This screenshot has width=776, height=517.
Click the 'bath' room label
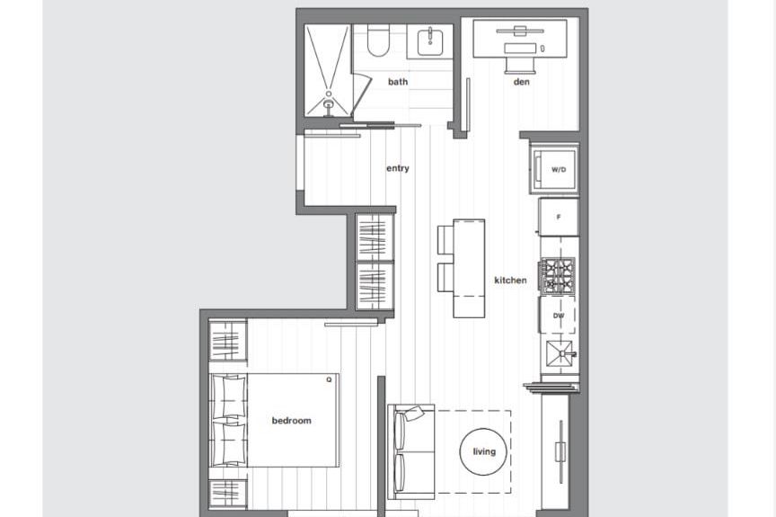click(397, 82)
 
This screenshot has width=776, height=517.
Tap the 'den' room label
click(522, 82)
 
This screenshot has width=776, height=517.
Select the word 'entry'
click(398, 168)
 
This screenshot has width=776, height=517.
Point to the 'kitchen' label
click(510, 281)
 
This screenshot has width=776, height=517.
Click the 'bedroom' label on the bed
click(291, 421)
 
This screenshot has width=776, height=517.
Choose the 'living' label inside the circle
click(484, 451)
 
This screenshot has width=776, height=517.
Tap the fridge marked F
click(559, 217)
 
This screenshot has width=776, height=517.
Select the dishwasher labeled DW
click(559, 316)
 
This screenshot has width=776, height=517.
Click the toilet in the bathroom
click(377, 40)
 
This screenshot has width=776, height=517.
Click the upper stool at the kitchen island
click(446, 240)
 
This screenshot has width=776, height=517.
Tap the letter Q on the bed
click(329, 380)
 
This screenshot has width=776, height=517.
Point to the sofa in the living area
click(411, 452)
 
